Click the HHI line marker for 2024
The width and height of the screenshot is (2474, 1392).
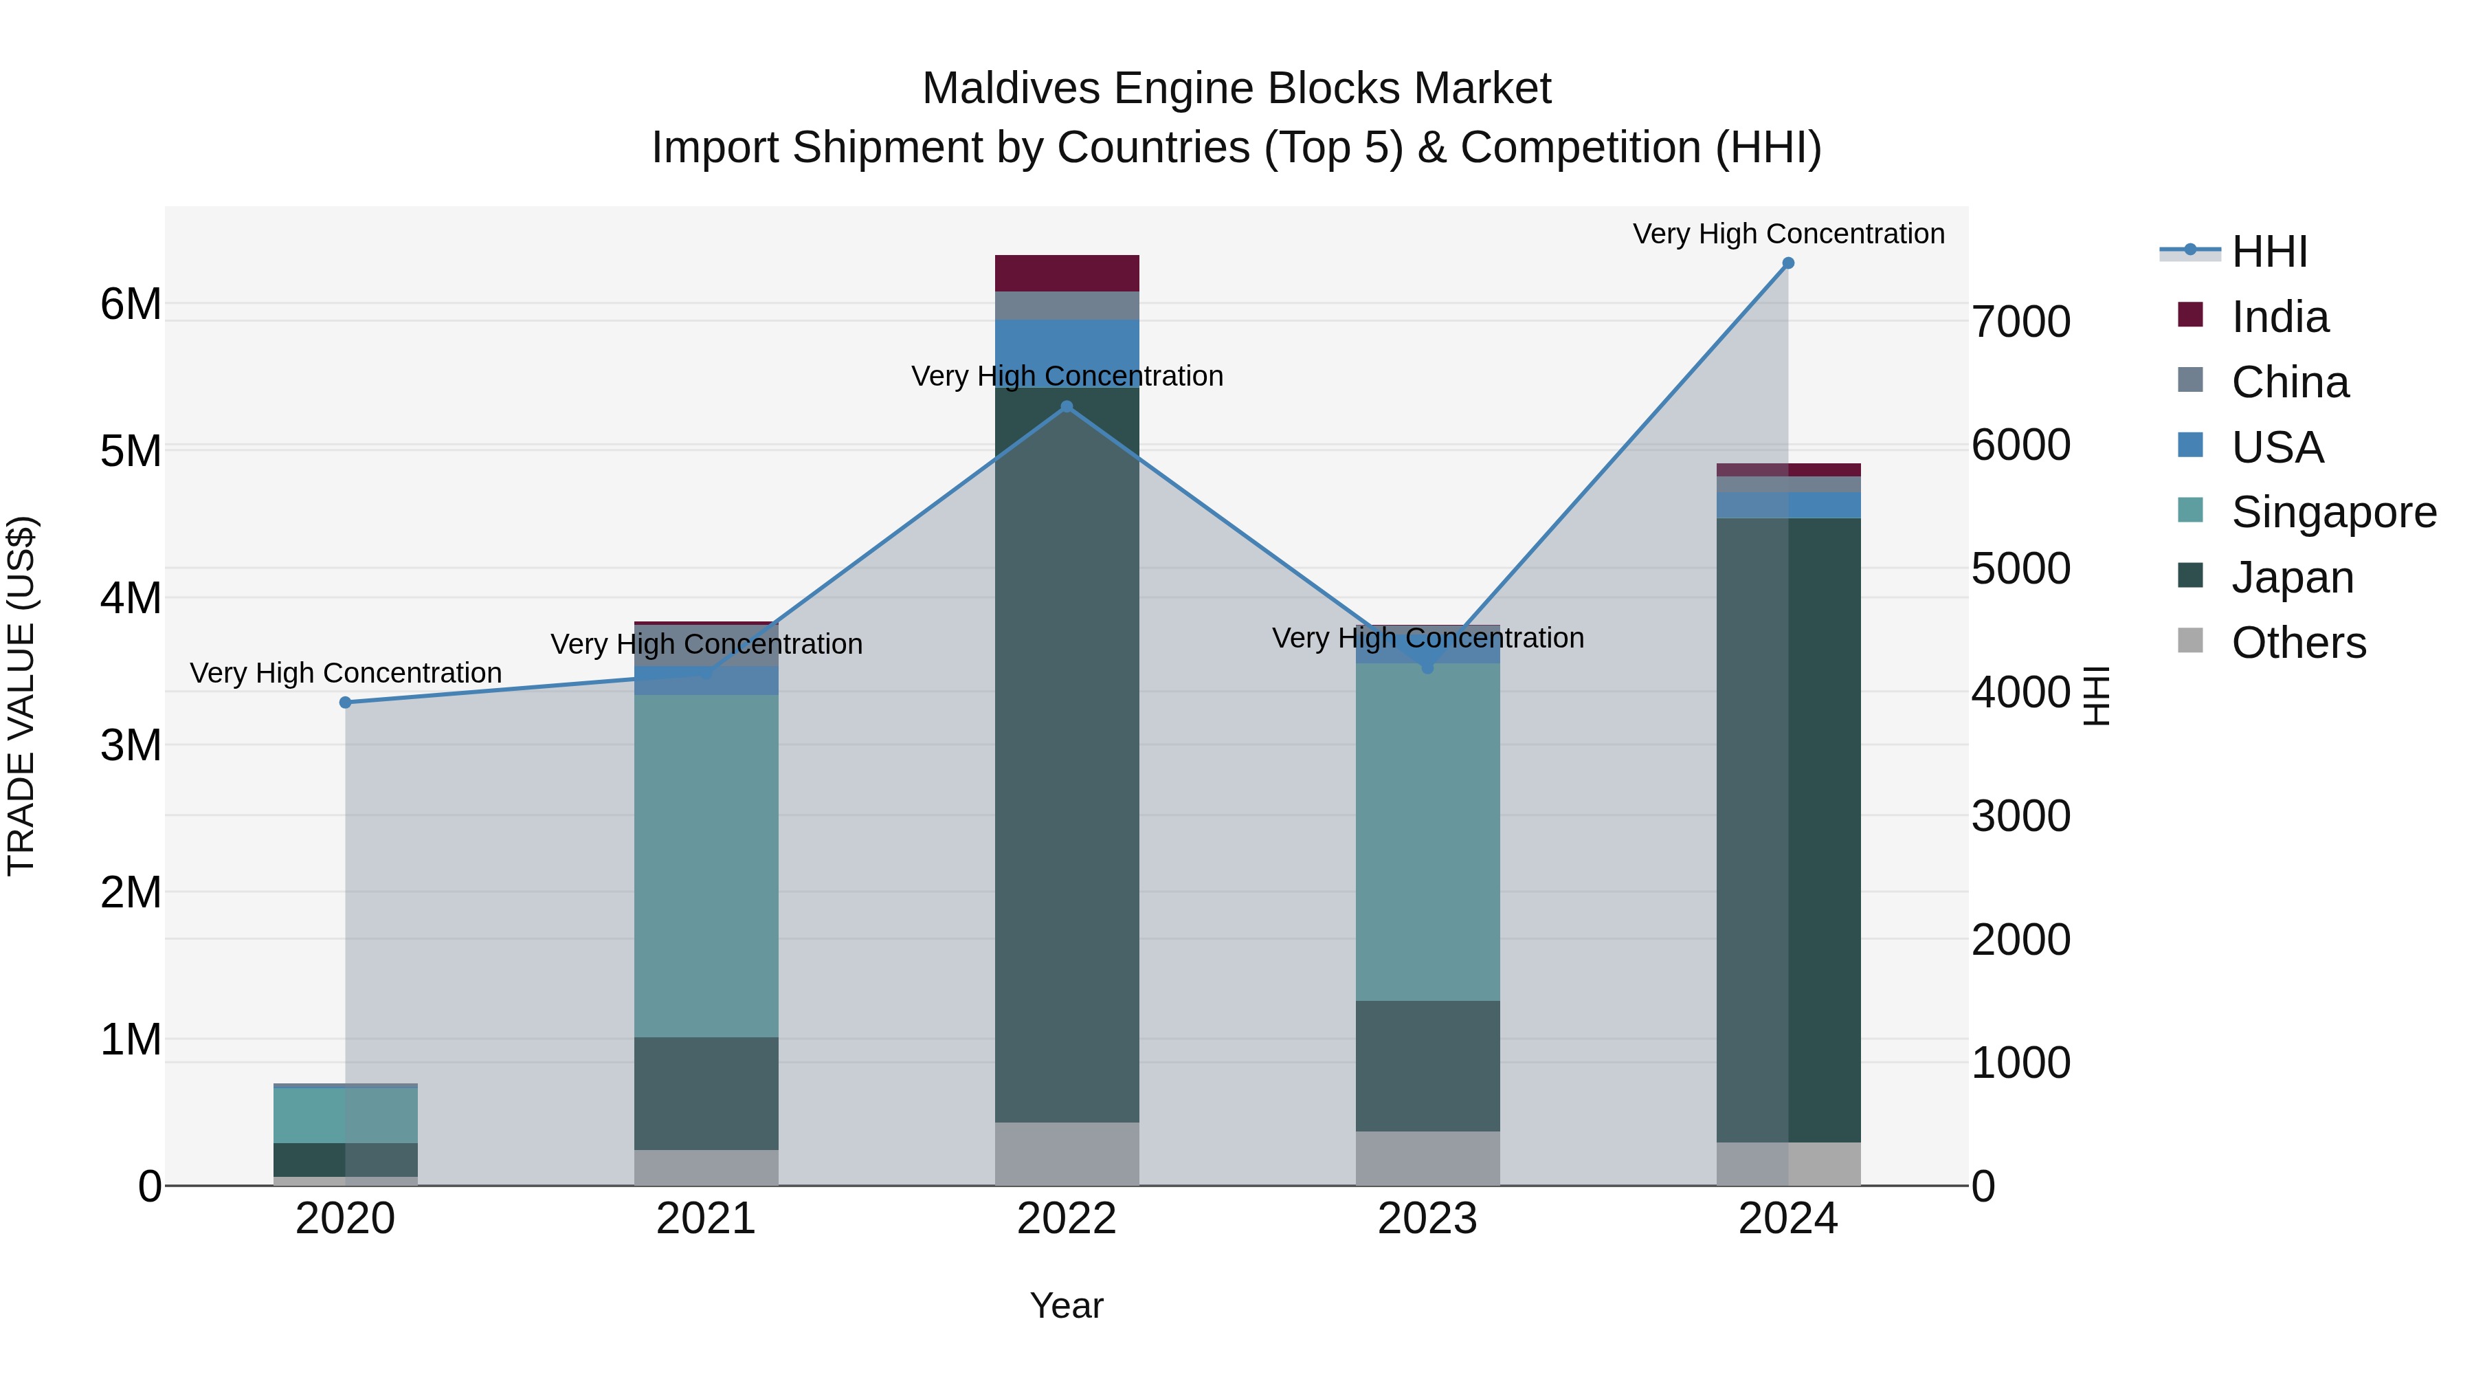pyautogui.click(x=1787, y=263)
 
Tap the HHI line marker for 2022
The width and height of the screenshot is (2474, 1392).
pyautogui.click(x=1066, y=408)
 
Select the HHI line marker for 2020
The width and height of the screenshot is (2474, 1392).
pyautogui.click(x=346, y=703)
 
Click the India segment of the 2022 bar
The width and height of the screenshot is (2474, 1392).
pyautogui.click(x=1066, y=273)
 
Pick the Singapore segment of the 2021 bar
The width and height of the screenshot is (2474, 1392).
pyautogui.click(x=706, y=865)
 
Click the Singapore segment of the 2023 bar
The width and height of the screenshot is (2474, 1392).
pyautogui.click(x=1427, y=831)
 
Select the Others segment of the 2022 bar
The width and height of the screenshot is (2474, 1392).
pyautogui.click(x=1066, y=1153)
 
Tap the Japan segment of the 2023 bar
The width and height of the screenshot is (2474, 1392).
pyautogui.click(x=1427, y=1065)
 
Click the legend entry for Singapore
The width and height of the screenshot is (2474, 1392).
pyautogui.click(x=2333, y=512)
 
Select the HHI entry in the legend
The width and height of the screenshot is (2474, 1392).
pyautogui.click(x=2269, y=252)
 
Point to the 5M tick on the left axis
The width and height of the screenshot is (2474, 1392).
pyautogui.click(x=131, y=450)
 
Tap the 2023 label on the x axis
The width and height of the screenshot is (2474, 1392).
pyautogui.click(x=1427, y=1219)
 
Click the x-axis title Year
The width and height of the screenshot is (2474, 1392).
pyautogui.click(x=1066, y=1305)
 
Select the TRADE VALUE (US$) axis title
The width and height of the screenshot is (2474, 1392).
pyautogui.click(x=21, y=696)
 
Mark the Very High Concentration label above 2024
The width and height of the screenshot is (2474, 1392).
pyautogui.click(x=1787, y=234)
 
